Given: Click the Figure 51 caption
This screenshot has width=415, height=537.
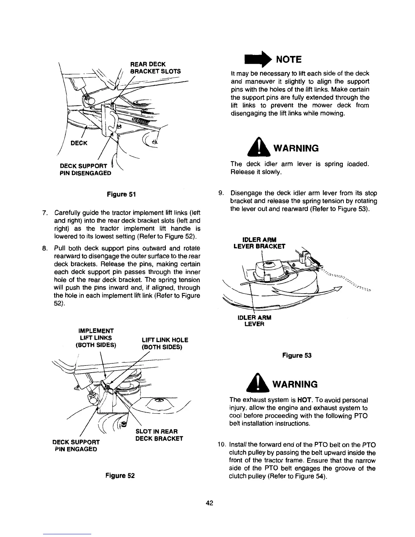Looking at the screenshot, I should [x=121, y=194].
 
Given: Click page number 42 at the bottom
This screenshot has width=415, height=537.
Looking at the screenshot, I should [x=209, y=503].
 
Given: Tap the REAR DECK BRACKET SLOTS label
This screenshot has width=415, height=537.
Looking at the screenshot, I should [x=155, y=68].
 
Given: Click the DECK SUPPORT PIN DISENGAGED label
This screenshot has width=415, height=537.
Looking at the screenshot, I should [x=85, y=170].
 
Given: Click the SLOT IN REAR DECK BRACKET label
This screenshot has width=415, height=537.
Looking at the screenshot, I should [x=159, y=435].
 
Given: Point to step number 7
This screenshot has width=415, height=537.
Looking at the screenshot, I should [x=44, y=213].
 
